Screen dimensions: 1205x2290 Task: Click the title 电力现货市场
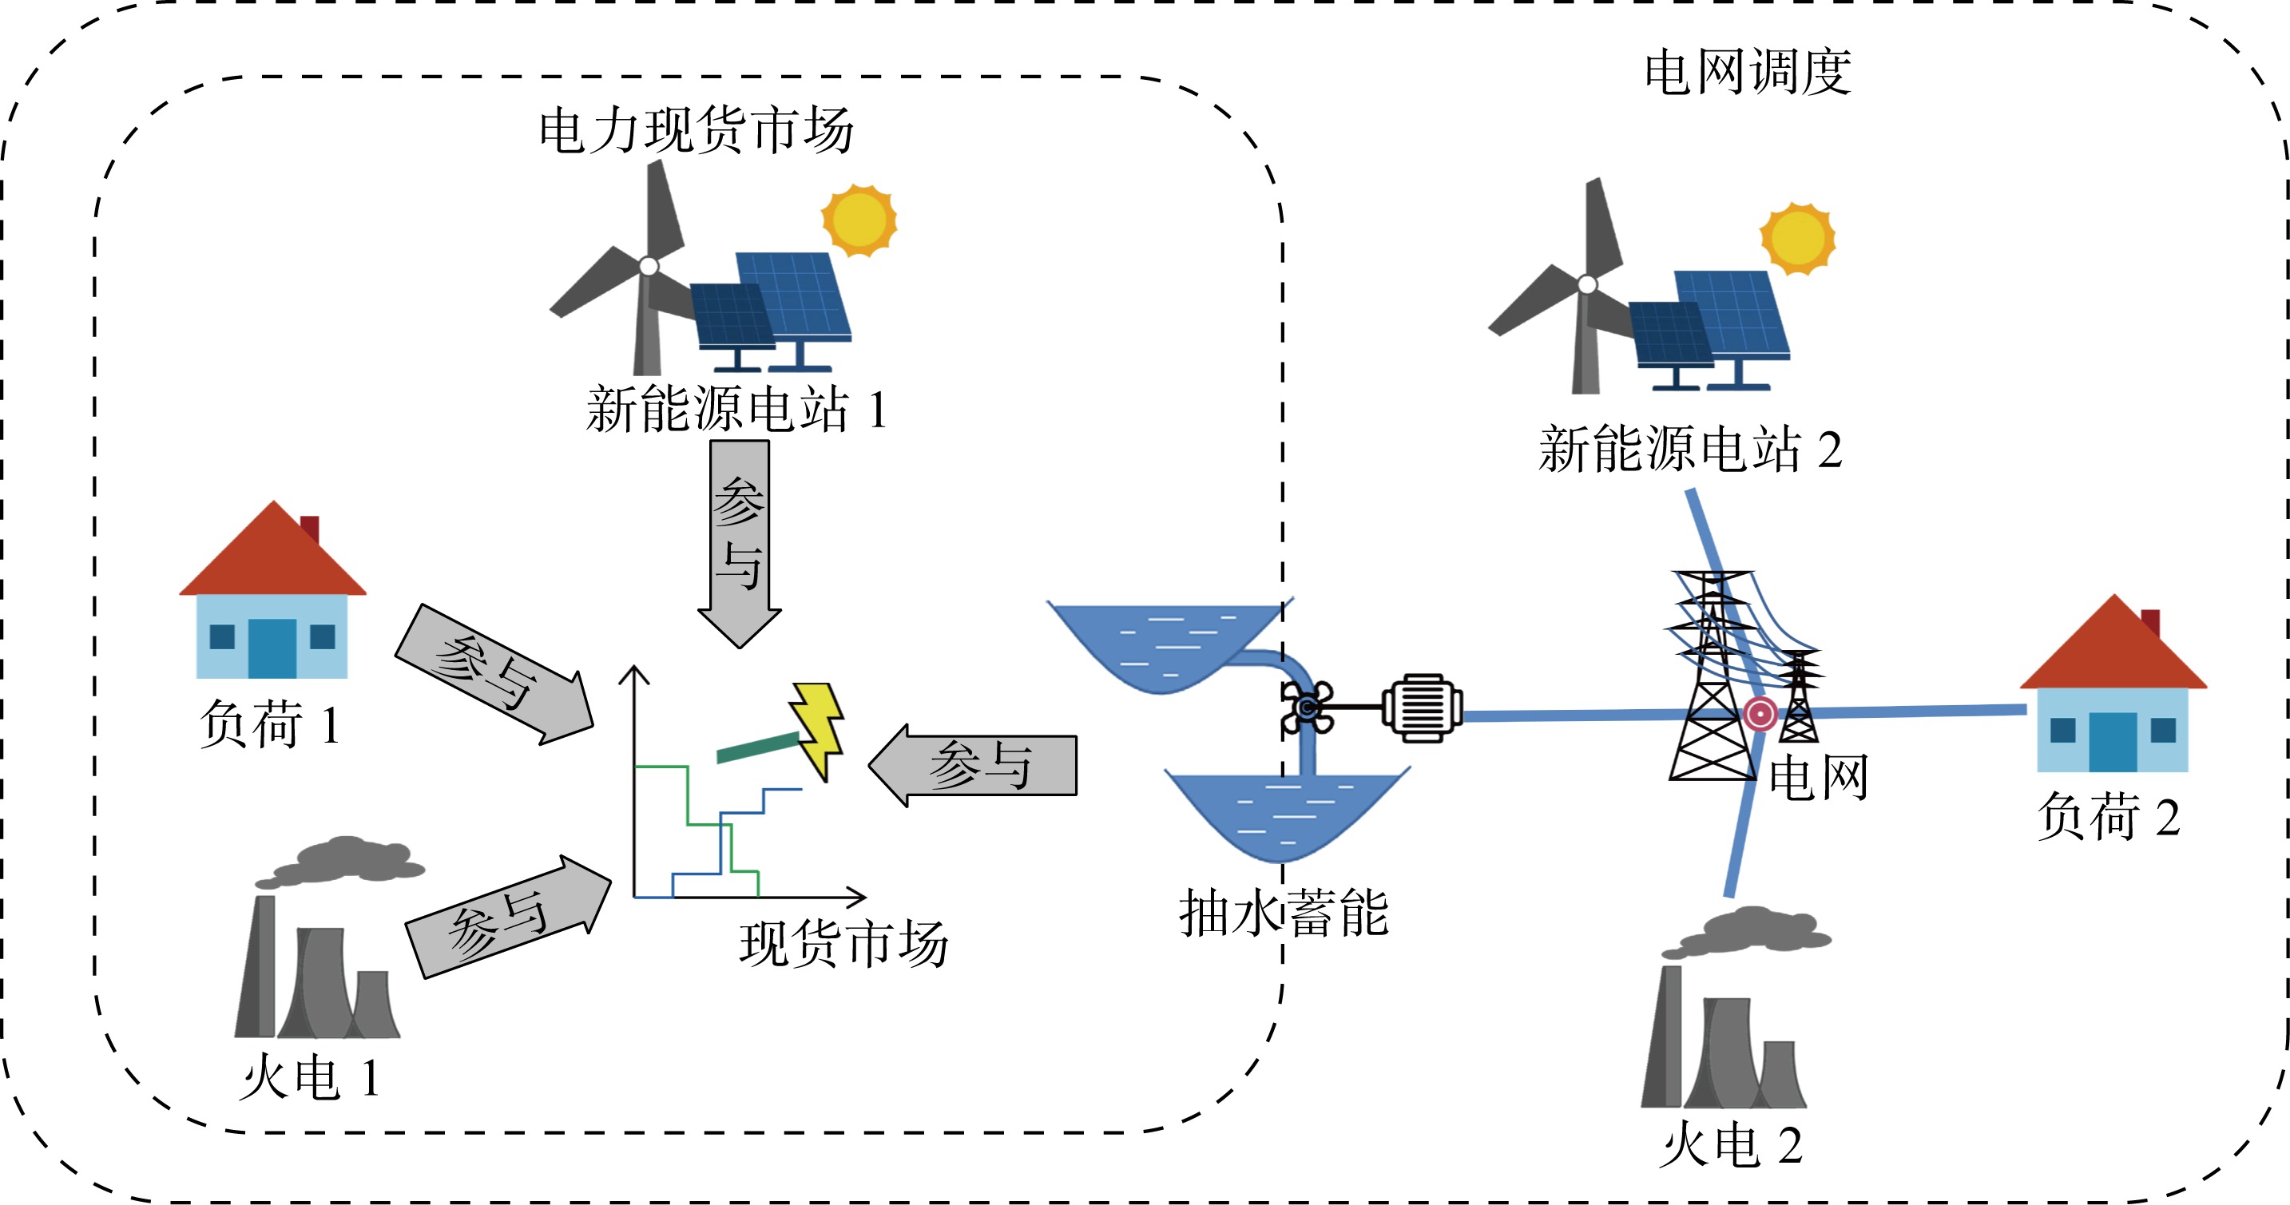click(696, 131)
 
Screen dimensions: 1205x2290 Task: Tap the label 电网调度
click(1747, 72)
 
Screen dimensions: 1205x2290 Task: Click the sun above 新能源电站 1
click(859, 220)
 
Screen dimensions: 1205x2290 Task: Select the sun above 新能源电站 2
click(1797, 238)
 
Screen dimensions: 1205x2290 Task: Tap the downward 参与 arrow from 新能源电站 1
click(740, 542)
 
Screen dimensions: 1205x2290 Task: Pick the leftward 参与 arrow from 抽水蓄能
click(974, 765)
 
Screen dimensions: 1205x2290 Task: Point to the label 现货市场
click(843, 944)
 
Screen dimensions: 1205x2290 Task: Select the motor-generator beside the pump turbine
click(1422, 708)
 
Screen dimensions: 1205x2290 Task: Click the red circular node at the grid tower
click(1760, 714)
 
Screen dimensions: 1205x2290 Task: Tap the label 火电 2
click(1730, 1144)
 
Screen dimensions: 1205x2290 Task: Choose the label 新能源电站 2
click(1690, 449)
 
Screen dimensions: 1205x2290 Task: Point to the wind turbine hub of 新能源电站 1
click(649, 266)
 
